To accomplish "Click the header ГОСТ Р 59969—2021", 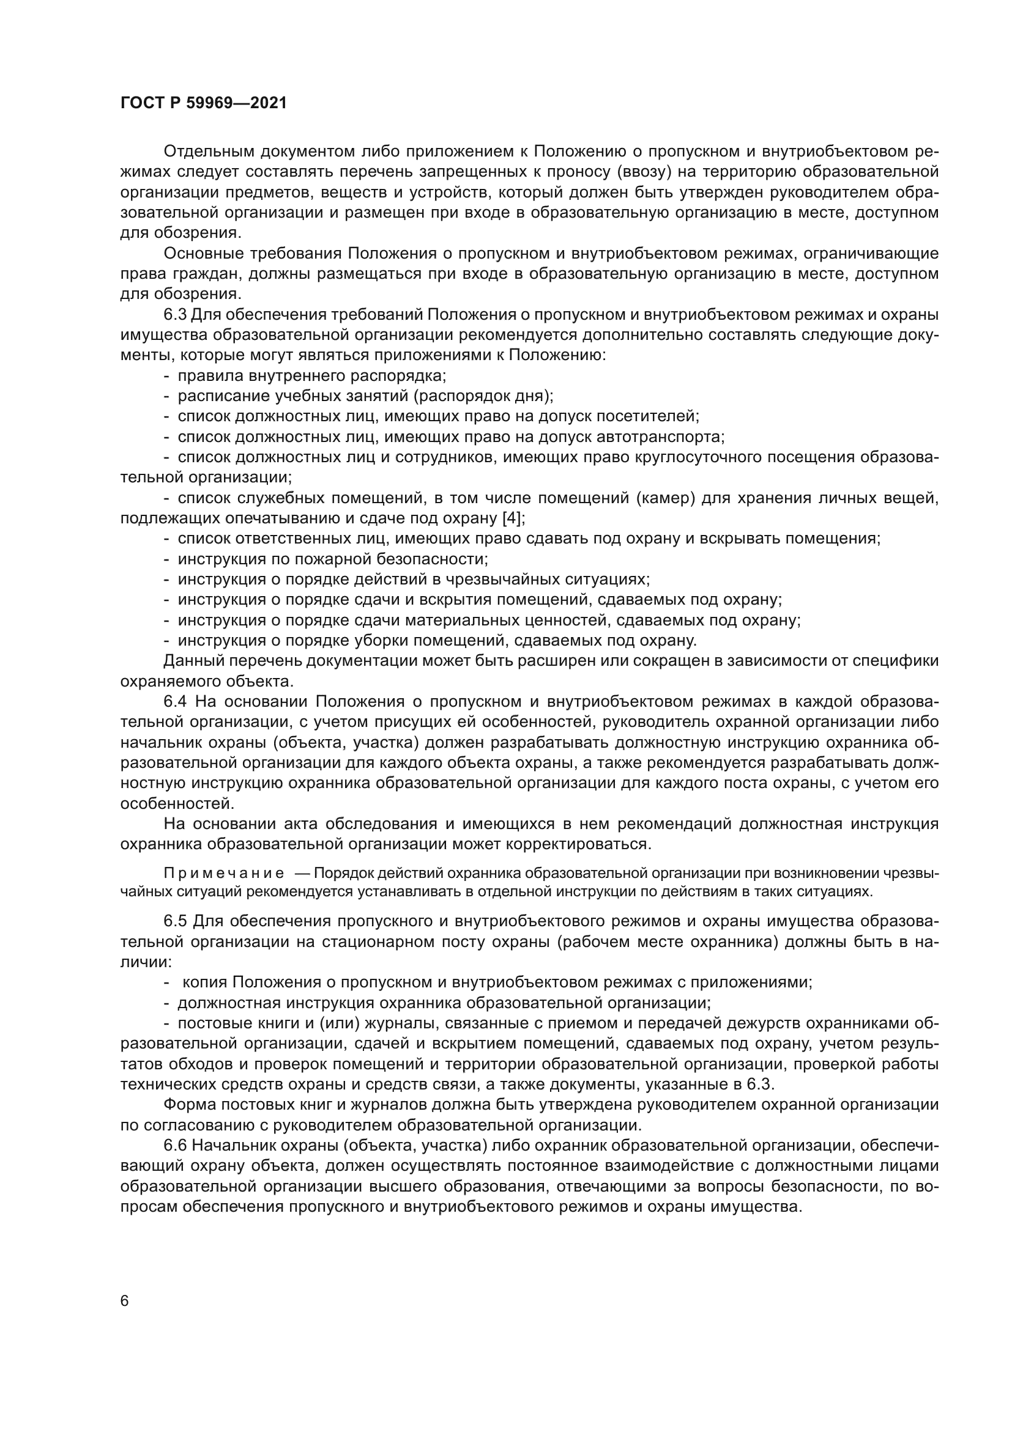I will (203, 103).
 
